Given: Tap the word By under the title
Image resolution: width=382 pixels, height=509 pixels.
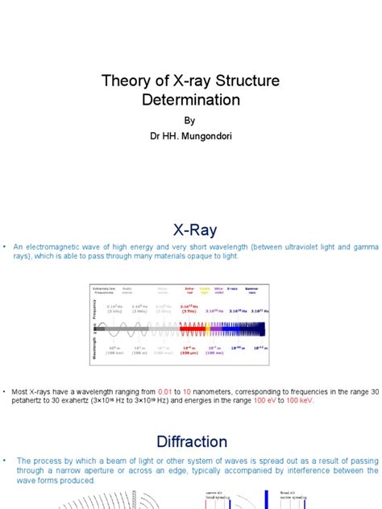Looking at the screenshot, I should [190, 121].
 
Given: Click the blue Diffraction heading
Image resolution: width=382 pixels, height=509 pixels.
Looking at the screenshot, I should [190, 441].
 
